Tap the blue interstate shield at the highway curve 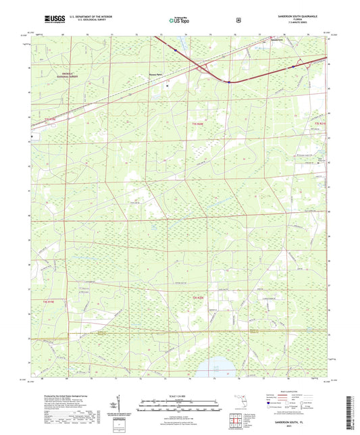230,82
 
